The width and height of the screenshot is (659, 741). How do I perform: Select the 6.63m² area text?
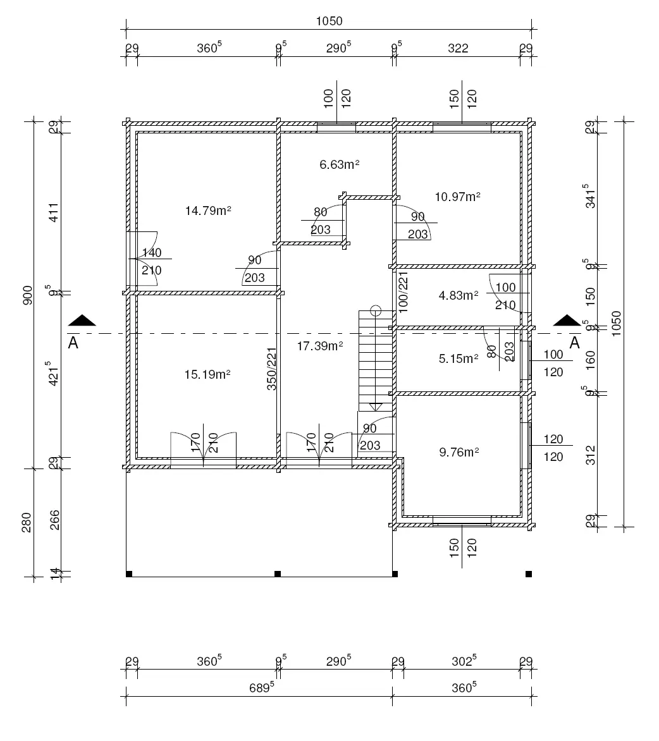tap(339, 164)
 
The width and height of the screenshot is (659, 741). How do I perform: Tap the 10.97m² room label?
tap(457, 197)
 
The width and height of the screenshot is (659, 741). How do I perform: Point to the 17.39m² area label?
tap(319, 345)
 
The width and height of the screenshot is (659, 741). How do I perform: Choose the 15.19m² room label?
tap(207, 374)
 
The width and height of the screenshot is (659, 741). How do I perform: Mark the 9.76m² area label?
tap(459, 451)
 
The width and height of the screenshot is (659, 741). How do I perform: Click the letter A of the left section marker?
tap(73, 343)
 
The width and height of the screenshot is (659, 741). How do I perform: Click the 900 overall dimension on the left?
tap(27, 295)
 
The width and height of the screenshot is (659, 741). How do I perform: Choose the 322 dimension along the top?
tap(458, 48)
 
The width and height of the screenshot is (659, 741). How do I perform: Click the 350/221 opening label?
tap(271, 369)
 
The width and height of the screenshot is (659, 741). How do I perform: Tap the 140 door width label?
tap(152, 253)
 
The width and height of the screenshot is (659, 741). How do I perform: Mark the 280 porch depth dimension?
tap(27, 522)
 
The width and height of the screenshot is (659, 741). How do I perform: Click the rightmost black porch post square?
tap(529, 574)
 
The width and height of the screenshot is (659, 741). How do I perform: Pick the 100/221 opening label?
tap(403, 292)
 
